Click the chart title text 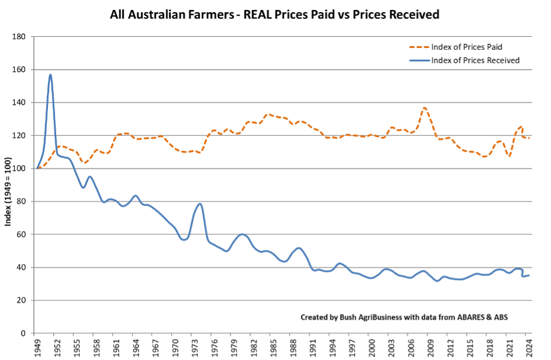click(x=275, y=15)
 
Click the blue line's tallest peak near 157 click(x=51, y=75)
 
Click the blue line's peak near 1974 click(x=200, y=204)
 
